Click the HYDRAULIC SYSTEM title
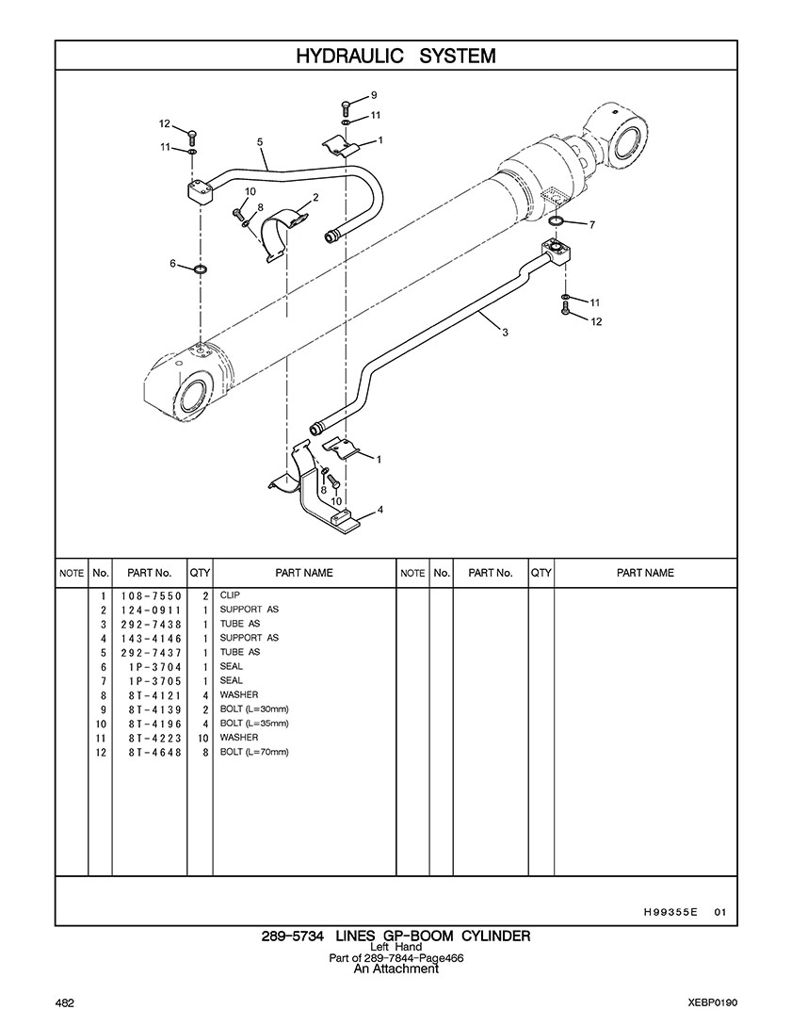(x=395, y=56)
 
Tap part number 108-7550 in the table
(x=151, y=596)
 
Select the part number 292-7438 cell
(x=151, y=625)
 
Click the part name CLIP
(x=230, y=595)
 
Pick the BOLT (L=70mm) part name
(x=254, y=752)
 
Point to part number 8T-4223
(x=154, y=738)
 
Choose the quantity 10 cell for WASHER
(x=202, y=738)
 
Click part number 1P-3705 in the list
(x=154, y=681)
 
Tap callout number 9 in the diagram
(x=374, y=95)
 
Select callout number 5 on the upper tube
(x=260, y=141)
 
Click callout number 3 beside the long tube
(x=505, y=333)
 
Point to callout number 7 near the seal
(x=592, y=225)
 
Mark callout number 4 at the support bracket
(x=380, y=510)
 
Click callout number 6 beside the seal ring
(x=172, y=263)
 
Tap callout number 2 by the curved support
(x=315, y=197)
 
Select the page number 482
(x=65, y=1003)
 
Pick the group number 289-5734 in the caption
(x=293, y=936)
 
